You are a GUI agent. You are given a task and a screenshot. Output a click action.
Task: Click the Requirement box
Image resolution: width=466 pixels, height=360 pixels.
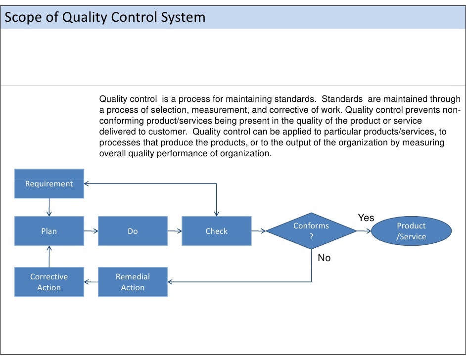(49, 183)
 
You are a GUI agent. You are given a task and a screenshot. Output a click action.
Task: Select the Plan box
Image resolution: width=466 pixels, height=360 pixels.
(49, 231)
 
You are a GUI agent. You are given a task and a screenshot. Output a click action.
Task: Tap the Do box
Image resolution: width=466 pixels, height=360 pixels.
(133, 231)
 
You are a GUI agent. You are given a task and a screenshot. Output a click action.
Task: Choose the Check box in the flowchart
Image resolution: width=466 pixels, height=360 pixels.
(216, 231)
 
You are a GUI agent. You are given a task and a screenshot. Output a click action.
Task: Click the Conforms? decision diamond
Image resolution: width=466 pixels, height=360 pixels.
(311, 231)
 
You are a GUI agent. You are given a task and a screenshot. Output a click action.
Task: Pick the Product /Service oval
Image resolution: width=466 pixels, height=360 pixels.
(411, 231)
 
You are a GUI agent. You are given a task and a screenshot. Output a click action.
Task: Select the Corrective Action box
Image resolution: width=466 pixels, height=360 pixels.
(49, 282)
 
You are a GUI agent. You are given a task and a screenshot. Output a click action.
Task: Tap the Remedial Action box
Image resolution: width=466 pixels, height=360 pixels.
(133, 282)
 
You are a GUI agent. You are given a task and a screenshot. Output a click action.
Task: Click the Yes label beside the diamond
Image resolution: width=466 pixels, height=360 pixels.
(366, 218)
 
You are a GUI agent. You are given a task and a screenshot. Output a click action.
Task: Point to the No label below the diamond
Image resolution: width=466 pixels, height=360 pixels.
(324, 258)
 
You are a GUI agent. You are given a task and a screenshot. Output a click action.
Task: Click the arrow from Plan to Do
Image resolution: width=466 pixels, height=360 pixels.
(91, 231)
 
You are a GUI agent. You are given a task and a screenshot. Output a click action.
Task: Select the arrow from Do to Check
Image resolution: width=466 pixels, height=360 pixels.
(175, 231)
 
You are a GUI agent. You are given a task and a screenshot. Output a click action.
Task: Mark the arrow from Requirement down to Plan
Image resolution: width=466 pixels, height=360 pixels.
(49, 207)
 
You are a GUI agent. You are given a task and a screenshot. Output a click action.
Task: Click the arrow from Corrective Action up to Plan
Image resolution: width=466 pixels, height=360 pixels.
(49, 256)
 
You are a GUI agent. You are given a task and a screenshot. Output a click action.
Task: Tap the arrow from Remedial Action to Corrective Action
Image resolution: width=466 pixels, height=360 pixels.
(91, 282)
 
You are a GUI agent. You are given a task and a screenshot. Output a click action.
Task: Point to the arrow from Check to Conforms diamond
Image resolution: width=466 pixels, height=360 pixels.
(258, 231)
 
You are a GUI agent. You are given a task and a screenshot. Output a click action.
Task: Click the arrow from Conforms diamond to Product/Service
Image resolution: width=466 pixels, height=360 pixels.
(364, 231)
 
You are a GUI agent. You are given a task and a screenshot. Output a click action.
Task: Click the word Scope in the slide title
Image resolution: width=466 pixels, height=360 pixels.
(20, 18)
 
